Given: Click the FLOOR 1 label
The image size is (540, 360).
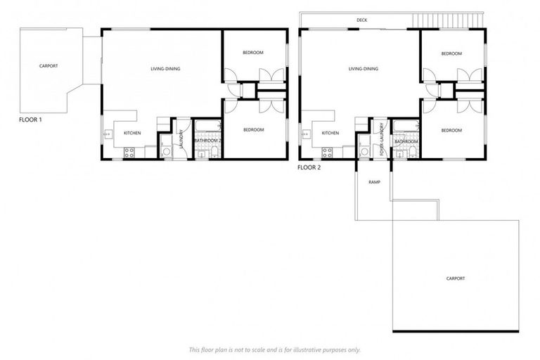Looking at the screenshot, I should (x=30, y=120).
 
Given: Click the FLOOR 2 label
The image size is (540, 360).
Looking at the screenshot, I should (x=309, y=167).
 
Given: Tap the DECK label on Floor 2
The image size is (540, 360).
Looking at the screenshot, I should (x=362, y=20).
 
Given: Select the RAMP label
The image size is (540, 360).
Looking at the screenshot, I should (x=374, y=181).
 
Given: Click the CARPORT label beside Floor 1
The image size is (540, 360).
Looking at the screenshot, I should (x=49, y=66).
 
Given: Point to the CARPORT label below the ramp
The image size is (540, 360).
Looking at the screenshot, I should (x=456, y=278).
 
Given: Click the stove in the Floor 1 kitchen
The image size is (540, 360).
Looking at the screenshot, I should (x=129, y=151).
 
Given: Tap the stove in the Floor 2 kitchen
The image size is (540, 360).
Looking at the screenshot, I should (x=327, y=151).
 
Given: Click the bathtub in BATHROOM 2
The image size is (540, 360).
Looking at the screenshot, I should (x=207, y=127).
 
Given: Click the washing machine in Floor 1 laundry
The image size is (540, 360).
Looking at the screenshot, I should (x=166, y=150).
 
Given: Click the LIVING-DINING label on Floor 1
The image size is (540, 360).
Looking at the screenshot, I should (x=165, y=69).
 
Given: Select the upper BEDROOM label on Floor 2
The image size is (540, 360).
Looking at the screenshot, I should (x=451, y=54).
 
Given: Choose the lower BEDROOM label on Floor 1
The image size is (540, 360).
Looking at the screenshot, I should (x=253, y=130).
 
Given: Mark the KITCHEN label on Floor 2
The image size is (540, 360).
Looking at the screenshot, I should (x=330, y=133).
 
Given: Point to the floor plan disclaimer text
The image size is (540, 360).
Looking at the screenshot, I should (x=274, y=349).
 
